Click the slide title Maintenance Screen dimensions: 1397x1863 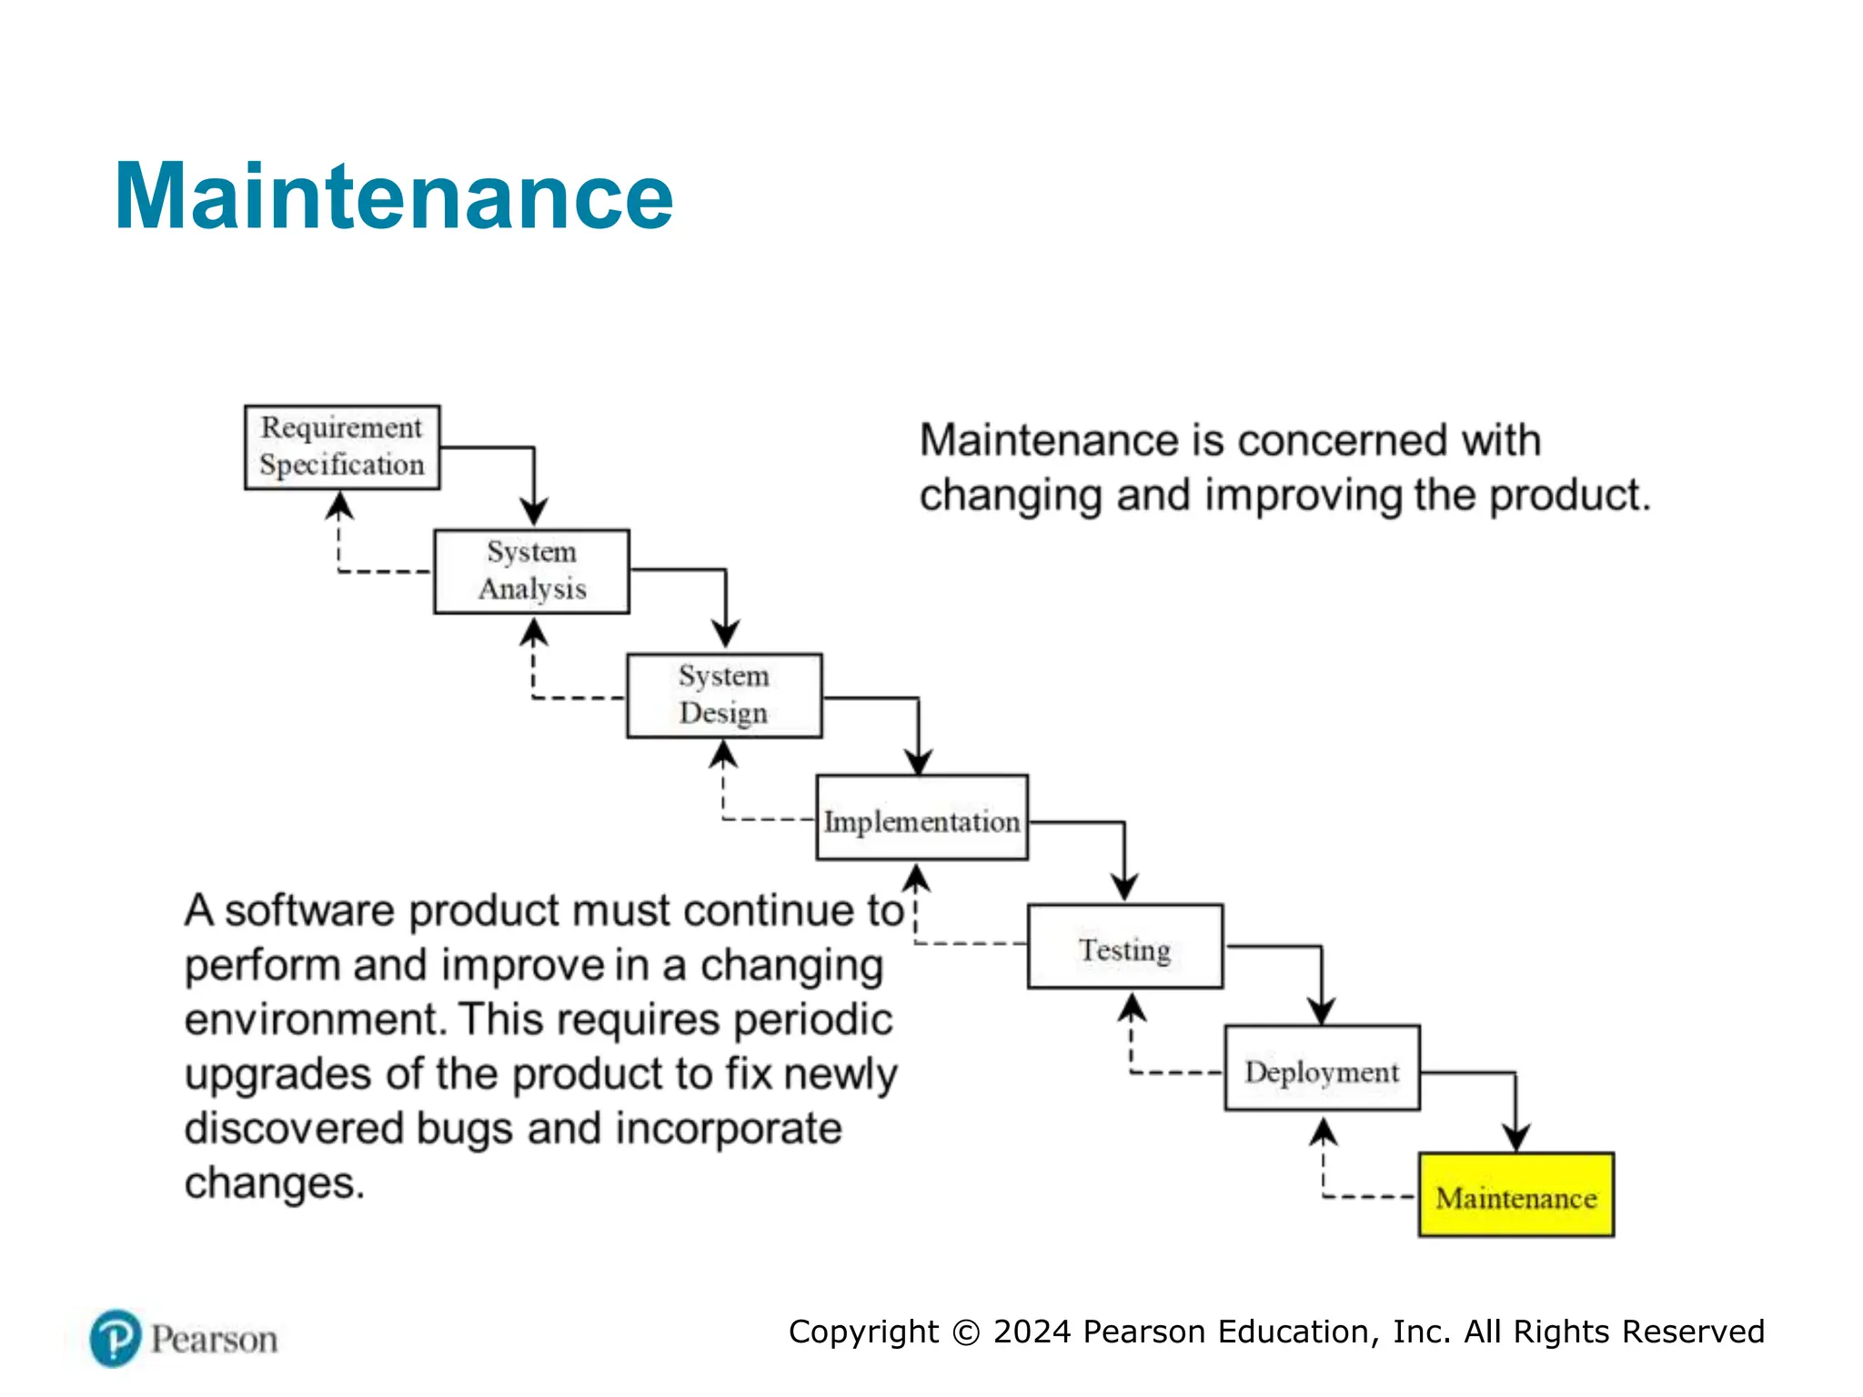[393, 196]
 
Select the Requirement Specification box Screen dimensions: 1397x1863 [342, 447]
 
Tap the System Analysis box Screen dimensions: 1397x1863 [531, 571]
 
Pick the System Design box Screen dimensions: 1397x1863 [724, 695]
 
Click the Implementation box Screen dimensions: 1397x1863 [921, 818]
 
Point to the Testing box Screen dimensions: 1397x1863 [1125, 946]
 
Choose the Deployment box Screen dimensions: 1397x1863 [1322, 1068]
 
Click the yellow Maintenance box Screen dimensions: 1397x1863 [1516, 1194]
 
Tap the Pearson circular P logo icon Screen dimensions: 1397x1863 [116, 1338]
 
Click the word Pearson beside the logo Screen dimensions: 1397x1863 [214, 1340]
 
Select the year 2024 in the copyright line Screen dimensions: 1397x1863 [1032, 1332]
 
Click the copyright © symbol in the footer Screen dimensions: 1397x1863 [966, 1332]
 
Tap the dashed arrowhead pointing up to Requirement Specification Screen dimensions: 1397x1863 [339, 506]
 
